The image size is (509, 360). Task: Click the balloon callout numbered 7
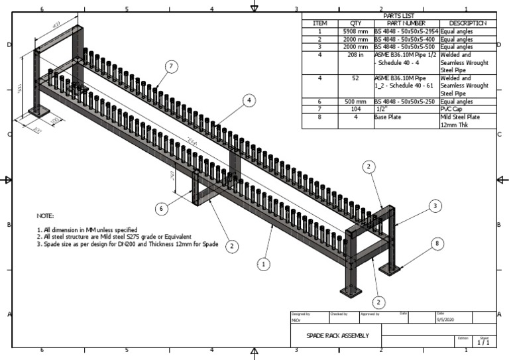[172, 66]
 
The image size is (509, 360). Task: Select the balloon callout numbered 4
[249, 100]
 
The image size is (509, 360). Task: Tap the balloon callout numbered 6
[160, 208]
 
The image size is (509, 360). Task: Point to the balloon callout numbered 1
[264, 264]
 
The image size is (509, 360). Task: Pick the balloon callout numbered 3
[434, 206]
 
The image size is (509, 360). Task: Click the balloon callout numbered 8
[436, 243]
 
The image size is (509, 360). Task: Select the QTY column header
[355, 23]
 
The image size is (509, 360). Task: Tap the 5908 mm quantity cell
[355, 31]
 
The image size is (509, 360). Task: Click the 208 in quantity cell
[355, 55]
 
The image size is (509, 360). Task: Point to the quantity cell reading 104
[355, 109]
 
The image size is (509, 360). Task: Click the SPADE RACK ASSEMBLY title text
[337, 335]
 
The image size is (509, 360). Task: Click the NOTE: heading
[45, 216]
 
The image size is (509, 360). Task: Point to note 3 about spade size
[127, 244]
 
